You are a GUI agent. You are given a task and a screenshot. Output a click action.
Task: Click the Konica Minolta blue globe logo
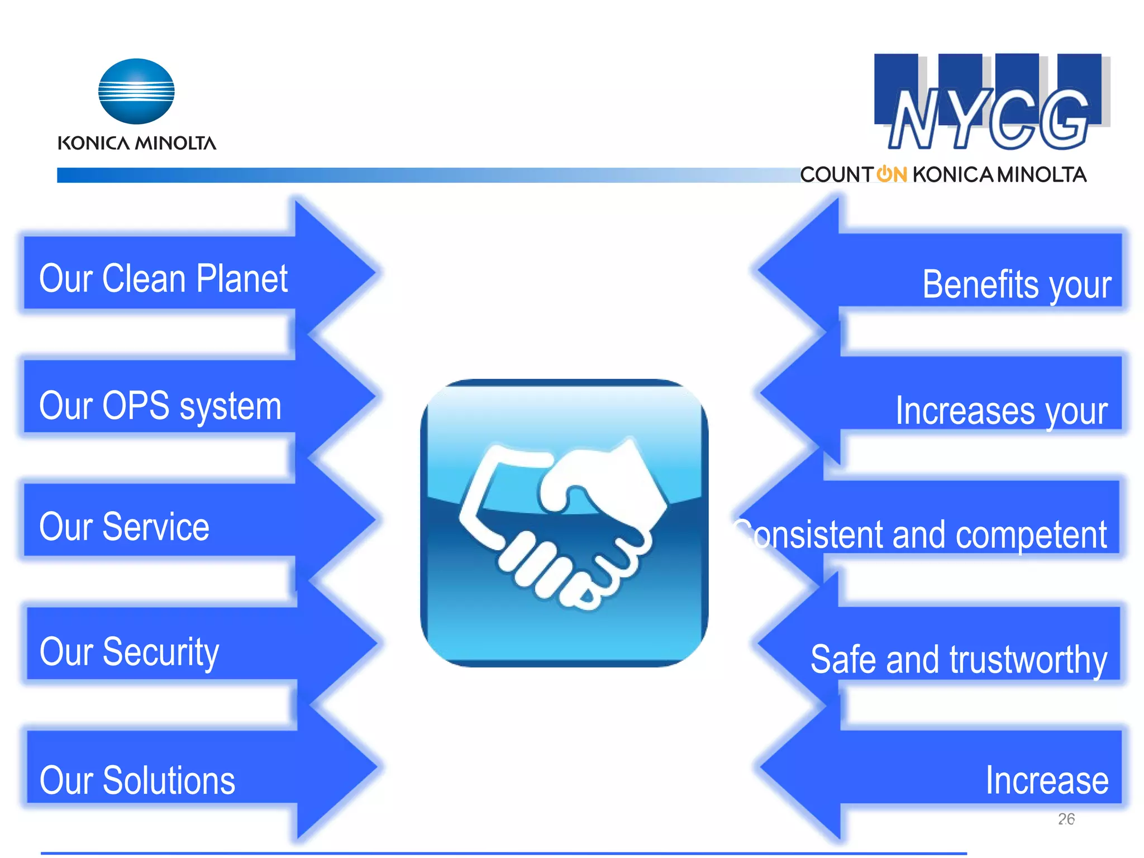pyautogui.click(x=136, y=91)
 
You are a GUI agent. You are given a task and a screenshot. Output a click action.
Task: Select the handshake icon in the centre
pyautogui.click(x=564, y=523)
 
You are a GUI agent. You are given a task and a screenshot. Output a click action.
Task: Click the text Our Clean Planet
pyautogui.click(x=163, y=278)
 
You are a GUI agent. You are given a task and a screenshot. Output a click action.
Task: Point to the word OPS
pyautogui.click(x=136, y=406)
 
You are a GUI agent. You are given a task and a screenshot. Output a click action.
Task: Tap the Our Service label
pyautogui.click(x=124, y=527)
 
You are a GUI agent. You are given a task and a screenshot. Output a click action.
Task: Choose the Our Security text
pyautogui.click(x=129, y=652)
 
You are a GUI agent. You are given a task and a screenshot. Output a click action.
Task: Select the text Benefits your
pyautogui.click(x=1017, y=284)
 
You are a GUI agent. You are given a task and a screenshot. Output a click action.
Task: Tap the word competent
pyautogui.click(x=1031, y=535)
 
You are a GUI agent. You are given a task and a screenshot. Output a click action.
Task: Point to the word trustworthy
pyautogui.click(x=1028, y=660)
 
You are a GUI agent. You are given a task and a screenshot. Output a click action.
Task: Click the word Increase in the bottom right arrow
pyautogui.click(x=1047, y=780)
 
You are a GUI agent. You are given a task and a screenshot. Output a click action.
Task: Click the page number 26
pyautogui.click(x=1066, y=819)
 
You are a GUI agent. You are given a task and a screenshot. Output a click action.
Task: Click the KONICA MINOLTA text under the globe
pyautogui.click(x=137, y=143)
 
